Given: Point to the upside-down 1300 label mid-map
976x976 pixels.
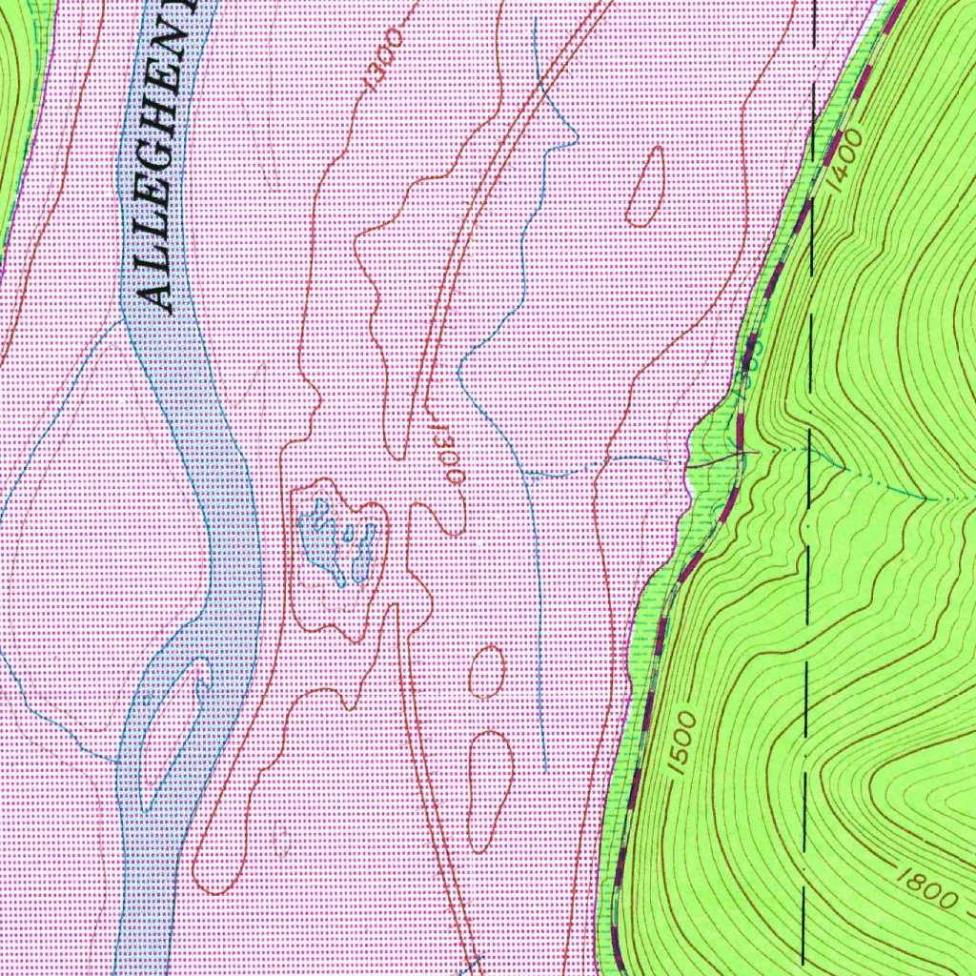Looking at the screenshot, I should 445,456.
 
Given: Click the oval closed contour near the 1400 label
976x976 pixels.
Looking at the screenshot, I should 646,186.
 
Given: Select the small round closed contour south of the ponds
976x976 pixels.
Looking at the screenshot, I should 487,671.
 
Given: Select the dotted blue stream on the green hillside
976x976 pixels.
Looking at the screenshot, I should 877,481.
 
